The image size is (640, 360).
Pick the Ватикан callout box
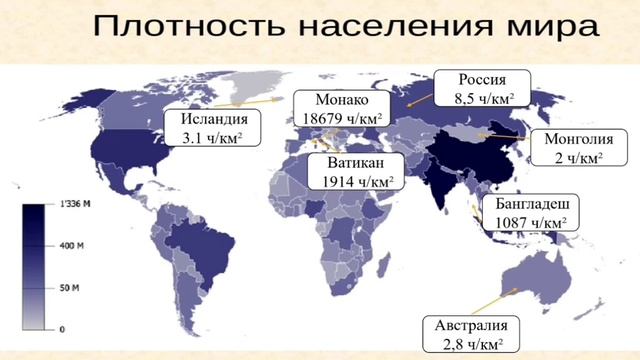point(357,172)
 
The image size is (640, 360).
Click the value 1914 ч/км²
point(357,182)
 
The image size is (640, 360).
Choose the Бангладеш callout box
point(529,211)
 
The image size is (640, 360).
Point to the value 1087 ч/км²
point(529,221)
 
